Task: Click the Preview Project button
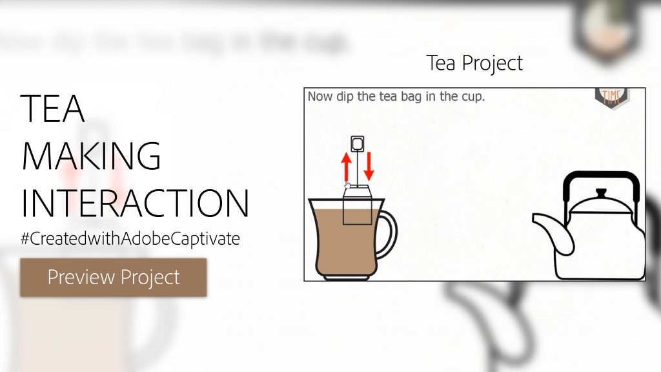point(114,278)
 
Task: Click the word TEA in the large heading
point(53,108)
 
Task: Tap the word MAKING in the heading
point(92,156)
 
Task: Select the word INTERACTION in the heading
point(135,203)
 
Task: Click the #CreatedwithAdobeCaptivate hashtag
point(130,238)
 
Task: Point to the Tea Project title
point(474,63)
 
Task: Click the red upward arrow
point(347,167)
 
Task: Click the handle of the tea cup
point(389,234)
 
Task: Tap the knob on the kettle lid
point(601,193)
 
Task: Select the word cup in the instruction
point(472,97)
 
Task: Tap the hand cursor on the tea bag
point(347,186)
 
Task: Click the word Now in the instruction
point(319,97)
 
